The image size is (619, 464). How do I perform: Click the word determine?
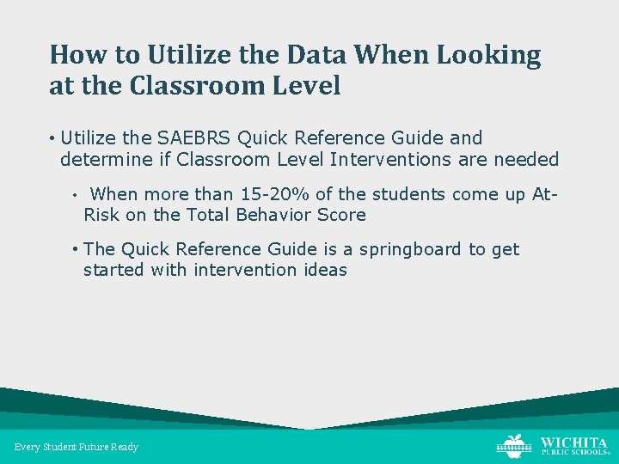[102, 159]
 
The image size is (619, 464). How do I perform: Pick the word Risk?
[102, 215]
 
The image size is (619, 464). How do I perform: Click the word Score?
[342, 215]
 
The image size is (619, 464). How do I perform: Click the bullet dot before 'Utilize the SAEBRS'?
[53, 138]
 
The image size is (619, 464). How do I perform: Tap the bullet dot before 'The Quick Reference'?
[77, 250]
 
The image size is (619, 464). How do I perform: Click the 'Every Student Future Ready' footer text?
[77, 447]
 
